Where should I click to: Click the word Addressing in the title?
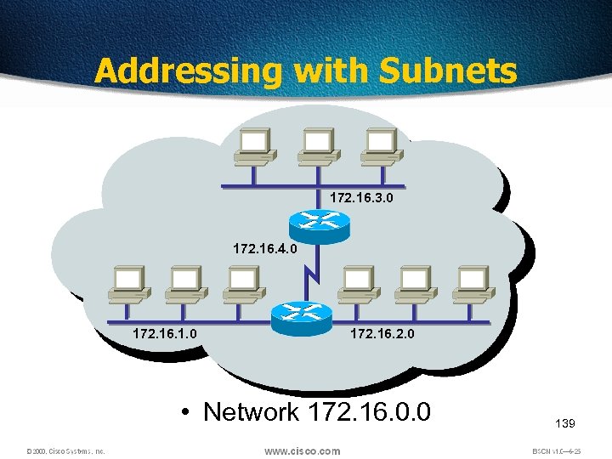point(186,71)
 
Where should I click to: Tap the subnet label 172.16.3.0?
point(361,197)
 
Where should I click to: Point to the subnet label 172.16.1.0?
point(165,334)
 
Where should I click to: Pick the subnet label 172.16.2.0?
point(382,334)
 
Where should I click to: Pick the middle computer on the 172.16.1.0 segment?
point(185,284)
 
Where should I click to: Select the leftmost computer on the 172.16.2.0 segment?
point(358,284)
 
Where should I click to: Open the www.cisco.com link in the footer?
point(302,450)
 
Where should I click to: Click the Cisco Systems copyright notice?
point(65,451)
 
